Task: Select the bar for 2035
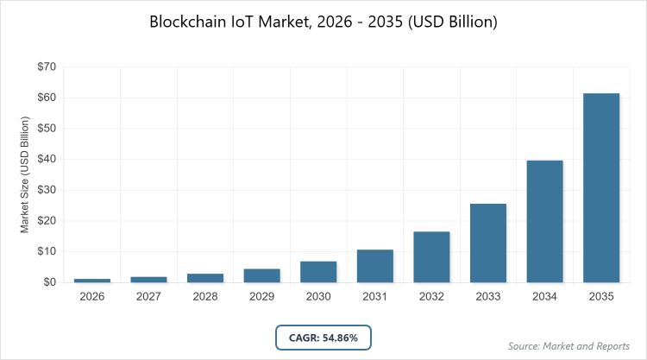pyautogui.click(x=601, y=187)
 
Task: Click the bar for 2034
pyautogui.click(x=545, y=221)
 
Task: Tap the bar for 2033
pyautogui.click(x=488, y=243)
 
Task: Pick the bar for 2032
pyautogui.click(x=431, y=256)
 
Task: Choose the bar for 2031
pyautogui.click(x=375, y=266)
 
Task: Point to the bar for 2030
pyautogui.click(x=318, y=272)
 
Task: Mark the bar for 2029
pyautogui.click(x=261, y=275)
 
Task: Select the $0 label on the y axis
pyautogui.click(x=50, y=282)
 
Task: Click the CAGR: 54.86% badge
pyautogui.click(x=323, y=336)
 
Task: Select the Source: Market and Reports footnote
pyautogui.click(x=569, y=346)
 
